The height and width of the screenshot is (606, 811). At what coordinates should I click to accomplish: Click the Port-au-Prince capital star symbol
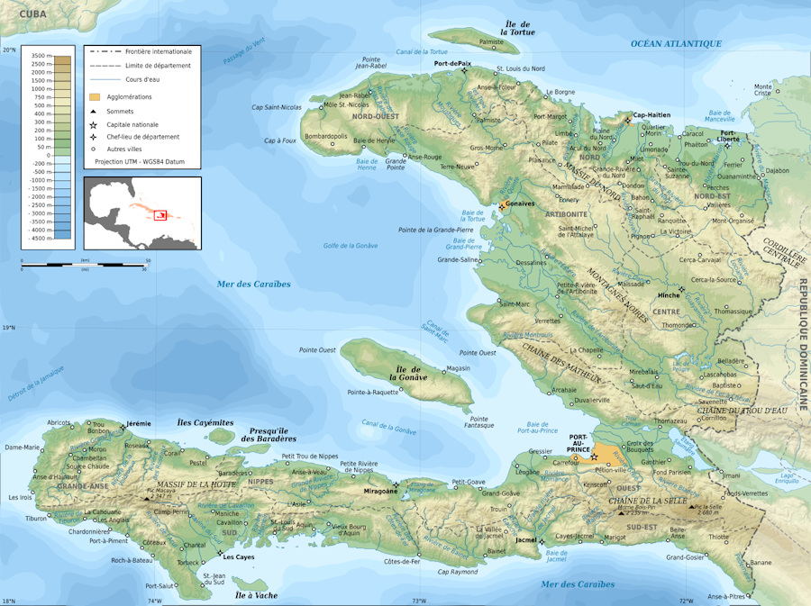point(594,458)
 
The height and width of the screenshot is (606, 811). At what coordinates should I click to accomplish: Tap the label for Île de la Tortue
point(518,28)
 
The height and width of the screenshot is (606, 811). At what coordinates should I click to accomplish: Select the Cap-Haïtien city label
point(652,115)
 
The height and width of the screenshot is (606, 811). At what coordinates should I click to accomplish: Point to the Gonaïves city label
point(521,204)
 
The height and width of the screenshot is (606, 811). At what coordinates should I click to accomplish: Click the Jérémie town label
point(138,423)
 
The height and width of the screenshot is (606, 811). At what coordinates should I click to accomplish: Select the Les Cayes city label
point(240,556)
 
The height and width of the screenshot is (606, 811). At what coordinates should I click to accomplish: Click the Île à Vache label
point(256,595)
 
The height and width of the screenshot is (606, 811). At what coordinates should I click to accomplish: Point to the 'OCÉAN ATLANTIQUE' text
point(676,43)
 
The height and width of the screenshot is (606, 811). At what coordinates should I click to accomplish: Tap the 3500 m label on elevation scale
point(38,56)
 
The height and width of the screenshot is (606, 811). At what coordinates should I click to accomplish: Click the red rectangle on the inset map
point(160,214)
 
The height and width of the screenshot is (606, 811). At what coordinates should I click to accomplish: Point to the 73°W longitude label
point(418,601)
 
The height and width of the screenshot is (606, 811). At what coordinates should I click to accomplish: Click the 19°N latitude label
point(9,328)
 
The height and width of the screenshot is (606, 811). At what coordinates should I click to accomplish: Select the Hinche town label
point(669,295)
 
